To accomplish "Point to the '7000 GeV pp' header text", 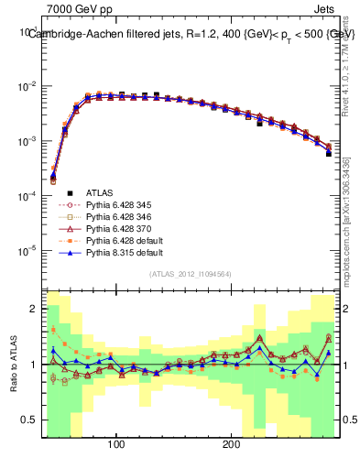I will pyautogui.click(x=80, y=8).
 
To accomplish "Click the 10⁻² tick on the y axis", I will pyautogui.click(x=27, y=86).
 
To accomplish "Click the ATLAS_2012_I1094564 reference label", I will pyautogui.click(x=191, y=273).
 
